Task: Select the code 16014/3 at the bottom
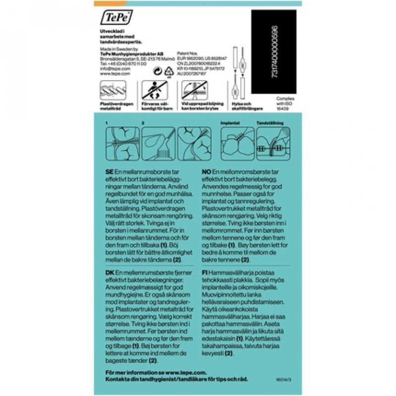tap(286, 379)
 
